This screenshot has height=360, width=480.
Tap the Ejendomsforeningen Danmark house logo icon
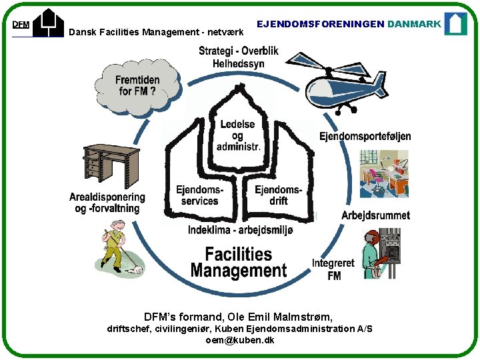[x=456, y=23]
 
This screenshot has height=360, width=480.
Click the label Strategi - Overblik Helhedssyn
[x=238, y=57]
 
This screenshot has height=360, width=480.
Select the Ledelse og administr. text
[x=238, y=135]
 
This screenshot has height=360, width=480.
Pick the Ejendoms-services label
[x=199, y=195]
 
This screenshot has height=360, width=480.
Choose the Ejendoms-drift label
[x=278, y=195]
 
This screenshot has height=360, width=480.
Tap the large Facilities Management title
[x=238, y=262]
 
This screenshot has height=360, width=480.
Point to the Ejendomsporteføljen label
[x=365, y=136]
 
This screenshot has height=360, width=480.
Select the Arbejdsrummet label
[x=375, y=215]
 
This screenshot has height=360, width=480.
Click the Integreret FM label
[x=334, y=269]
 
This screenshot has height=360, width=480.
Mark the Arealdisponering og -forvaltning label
[x=107, y=203]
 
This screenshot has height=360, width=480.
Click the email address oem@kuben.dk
[x=240, y=340]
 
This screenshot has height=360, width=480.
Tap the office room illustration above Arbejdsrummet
[x=383, y=174]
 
